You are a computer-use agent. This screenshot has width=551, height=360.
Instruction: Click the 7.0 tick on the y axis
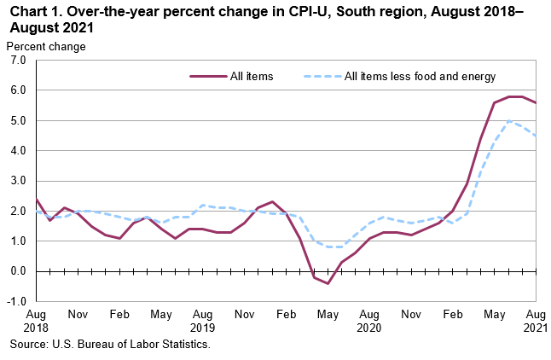point(17,61)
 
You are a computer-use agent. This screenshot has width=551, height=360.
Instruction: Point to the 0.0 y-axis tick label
point(17,271)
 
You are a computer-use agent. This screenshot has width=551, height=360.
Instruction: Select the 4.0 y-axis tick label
point(17,151)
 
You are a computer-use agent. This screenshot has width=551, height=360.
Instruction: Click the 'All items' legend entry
point(252,76)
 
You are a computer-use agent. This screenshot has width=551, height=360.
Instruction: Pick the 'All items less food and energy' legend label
point(420,76)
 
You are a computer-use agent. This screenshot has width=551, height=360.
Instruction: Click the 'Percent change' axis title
point(46,46)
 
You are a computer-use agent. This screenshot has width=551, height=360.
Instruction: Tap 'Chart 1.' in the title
point(34,12)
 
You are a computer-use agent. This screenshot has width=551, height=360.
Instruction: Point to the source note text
point(109,345)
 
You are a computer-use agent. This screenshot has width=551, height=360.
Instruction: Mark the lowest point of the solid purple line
point(328,283)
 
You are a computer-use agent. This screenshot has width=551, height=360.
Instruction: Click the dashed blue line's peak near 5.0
point(509,120)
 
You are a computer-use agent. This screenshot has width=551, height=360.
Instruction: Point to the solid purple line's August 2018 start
point(36,199)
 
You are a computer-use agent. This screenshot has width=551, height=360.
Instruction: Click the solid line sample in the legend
point(208,76)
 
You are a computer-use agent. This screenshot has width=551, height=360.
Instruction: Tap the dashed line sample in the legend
point(322,76)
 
